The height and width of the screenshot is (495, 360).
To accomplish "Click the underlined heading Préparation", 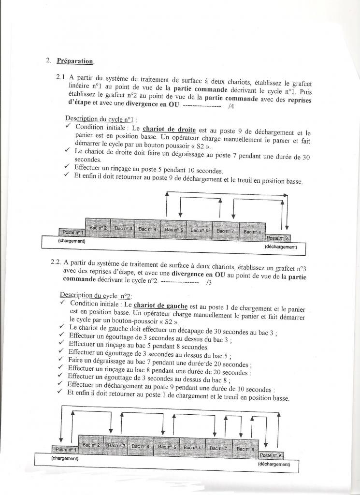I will (74, 61).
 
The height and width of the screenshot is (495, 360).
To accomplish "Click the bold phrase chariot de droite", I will (163, 130).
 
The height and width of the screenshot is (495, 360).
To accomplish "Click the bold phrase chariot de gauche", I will (160, 305).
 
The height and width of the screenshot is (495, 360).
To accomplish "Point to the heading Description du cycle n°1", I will (101, 119).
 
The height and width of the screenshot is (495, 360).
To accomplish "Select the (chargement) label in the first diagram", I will (72, 241).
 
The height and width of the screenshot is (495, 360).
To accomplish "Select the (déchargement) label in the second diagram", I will (274, 464).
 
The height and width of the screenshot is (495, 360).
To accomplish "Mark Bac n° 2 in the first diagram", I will (98, 227).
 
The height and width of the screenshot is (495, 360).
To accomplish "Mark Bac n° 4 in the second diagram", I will (141, 446).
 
